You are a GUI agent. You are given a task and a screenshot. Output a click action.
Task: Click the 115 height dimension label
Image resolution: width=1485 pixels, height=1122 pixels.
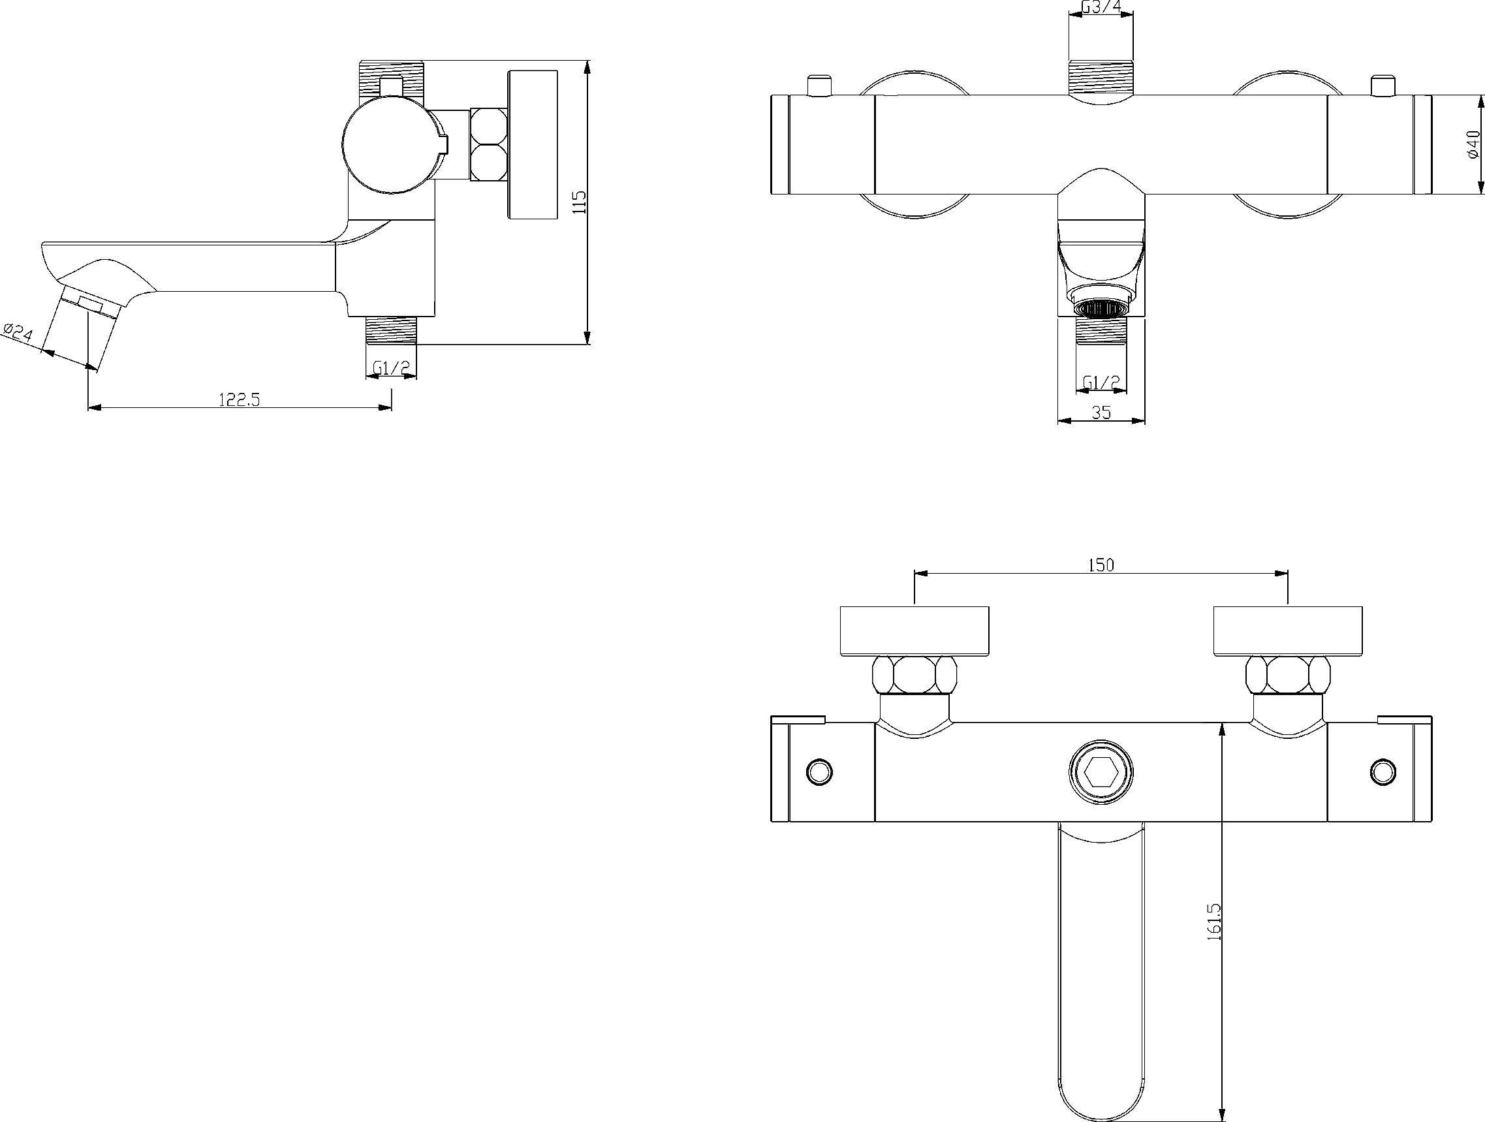pos(581,202)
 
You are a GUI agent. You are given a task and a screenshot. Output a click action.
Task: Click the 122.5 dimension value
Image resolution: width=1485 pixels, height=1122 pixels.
pos(239,399)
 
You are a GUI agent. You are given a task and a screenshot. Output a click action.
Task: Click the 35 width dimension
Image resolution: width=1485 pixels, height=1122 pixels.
pos(1101,413)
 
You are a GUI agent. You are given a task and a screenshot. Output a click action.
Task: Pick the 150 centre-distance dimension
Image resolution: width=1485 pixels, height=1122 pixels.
pos(1101,565)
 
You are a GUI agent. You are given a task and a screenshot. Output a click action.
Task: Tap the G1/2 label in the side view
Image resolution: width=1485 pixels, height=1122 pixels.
pos(392,368)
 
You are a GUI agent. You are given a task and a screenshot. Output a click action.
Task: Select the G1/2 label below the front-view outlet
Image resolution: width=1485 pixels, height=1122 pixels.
pos(1102,382)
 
